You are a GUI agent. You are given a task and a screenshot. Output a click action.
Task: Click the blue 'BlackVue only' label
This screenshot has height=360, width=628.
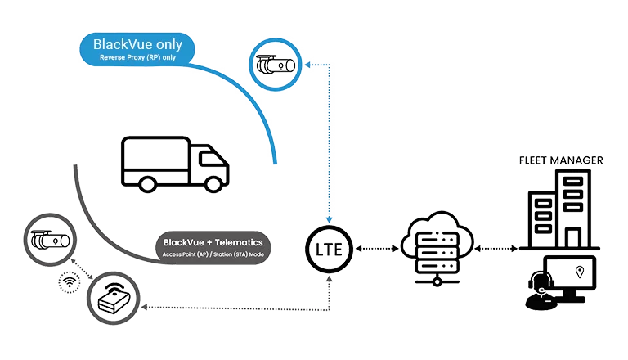(x=137, y=48)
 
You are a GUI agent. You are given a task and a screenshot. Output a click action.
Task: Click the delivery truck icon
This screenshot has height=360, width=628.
(x=173, y=163)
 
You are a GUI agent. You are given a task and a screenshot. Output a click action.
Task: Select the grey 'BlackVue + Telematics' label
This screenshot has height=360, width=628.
(x=214, y=245)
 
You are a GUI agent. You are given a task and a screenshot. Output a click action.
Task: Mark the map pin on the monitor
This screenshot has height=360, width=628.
(x=580, y=271)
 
